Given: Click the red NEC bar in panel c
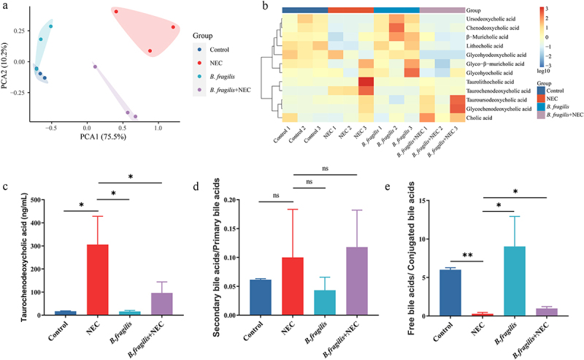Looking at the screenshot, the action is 98,280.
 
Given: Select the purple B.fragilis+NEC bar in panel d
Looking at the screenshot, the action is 357,281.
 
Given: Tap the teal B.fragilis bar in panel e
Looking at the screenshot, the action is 515,281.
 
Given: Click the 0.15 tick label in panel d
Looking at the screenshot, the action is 228,229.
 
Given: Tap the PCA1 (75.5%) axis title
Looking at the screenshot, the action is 103,137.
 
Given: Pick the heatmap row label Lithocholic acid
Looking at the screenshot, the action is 485,46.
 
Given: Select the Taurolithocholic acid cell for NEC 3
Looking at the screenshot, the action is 366,82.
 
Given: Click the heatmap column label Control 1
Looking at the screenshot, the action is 283,134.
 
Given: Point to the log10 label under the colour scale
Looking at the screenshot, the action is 544,71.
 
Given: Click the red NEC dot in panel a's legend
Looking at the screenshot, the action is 200,63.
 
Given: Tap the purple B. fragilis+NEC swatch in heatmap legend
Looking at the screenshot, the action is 542,115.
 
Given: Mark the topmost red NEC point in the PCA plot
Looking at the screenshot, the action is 116,12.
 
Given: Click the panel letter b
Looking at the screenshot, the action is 265,6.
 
